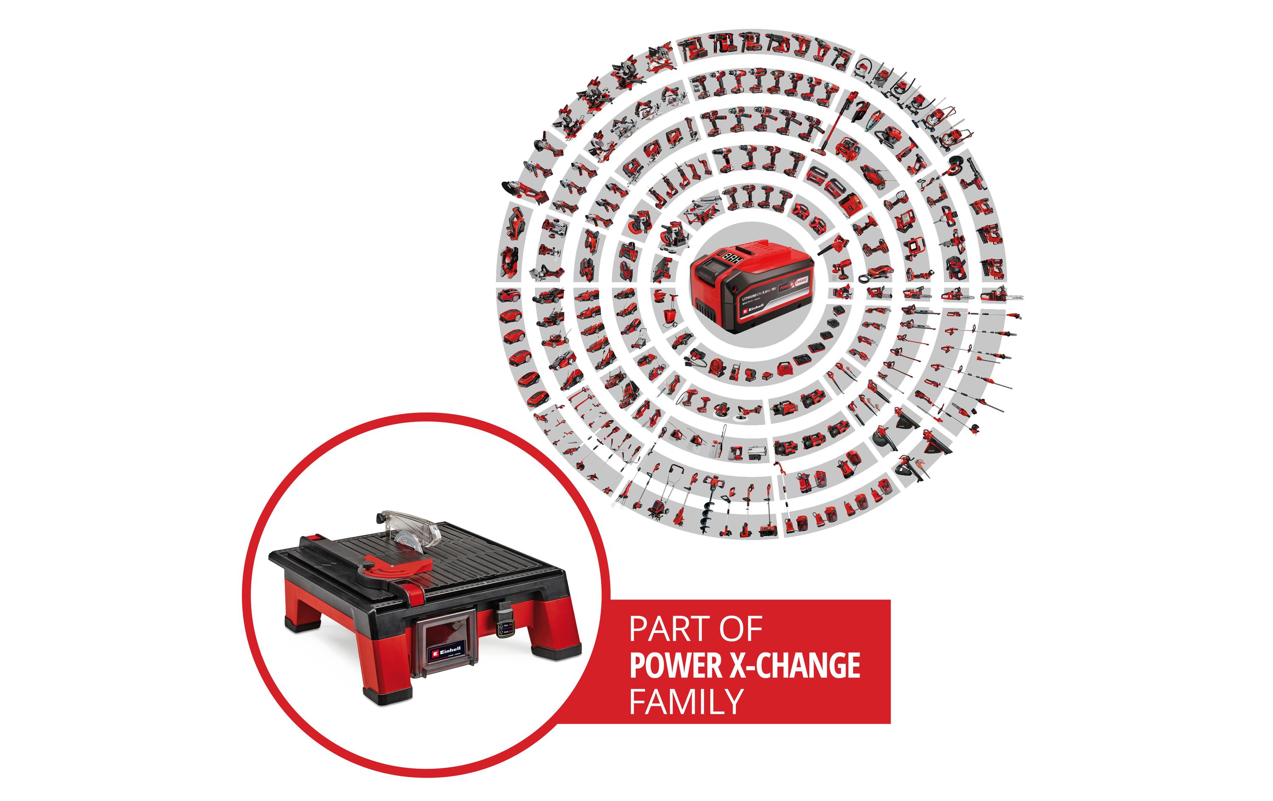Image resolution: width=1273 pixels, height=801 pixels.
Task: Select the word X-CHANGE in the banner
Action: (795, 666)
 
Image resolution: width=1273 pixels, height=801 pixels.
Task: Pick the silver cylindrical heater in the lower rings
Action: (757, 453)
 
